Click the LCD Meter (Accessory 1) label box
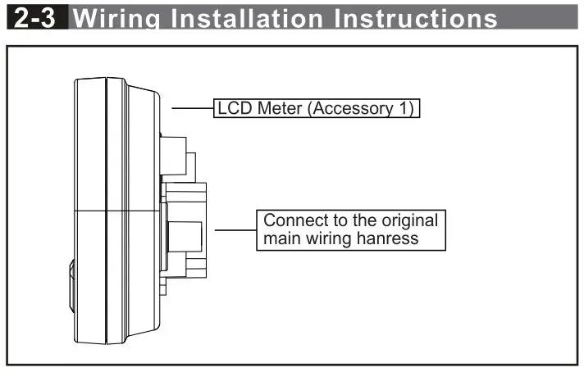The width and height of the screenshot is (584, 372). click(x=317, y=108)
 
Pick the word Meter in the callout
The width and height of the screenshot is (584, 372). click(x=277, y=108)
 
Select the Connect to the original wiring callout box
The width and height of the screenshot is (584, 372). click(x=350, y=229)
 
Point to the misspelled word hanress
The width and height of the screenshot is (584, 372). click(x=407, y=238)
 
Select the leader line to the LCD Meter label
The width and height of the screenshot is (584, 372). click(x=192, y=108)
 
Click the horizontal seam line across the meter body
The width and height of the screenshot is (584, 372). click(x=115, y=211)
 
